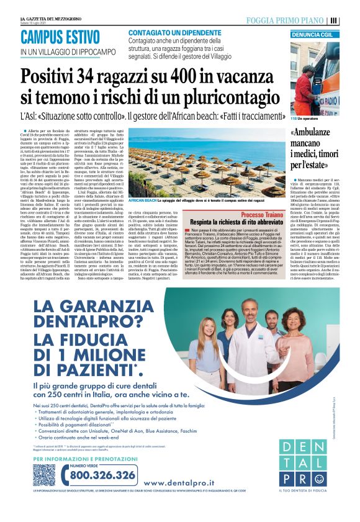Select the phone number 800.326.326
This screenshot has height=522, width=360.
pos(103,475)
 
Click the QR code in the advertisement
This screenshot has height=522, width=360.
pos(43,474)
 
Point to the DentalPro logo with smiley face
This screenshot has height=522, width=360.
pos(302,462)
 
